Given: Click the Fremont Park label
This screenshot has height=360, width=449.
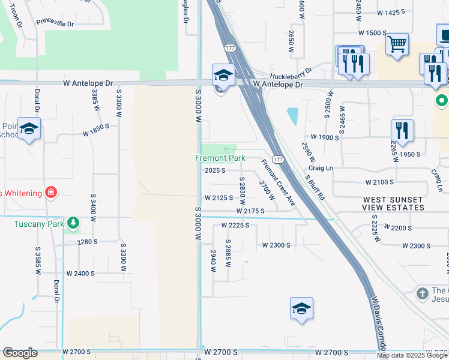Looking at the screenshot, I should point(220,158).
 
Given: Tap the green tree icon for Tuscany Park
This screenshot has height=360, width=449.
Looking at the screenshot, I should point(73,224).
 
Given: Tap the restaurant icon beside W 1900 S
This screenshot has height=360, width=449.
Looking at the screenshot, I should point(402,131).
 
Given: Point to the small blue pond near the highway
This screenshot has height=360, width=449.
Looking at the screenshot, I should point(292,116).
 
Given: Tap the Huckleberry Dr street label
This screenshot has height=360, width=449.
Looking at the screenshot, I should point(291,73).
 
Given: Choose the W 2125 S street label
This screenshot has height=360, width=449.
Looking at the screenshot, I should point(218,197).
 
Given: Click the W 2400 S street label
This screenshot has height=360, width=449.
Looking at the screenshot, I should point(81,273).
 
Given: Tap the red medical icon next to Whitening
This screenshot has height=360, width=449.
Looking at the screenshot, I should point(52,193).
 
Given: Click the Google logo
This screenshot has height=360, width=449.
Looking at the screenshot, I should point(20,353).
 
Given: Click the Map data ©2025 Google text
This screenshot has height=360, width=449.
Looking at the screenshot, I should point(412,355).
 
